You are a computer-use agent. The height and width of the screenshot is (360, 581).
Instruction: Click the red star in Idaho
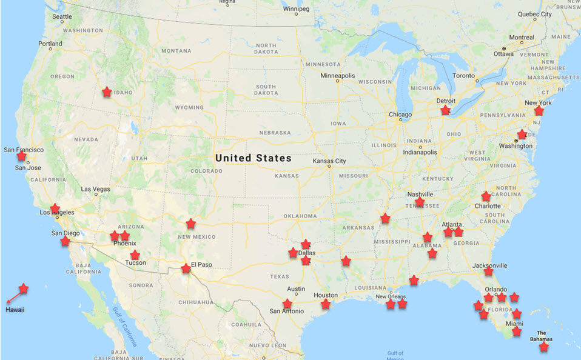107,92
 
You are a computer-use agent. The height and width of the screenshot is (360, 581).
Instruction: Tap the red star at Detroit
445,110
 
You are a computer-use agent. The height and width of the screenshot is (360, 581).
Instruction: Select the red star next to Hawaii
23,288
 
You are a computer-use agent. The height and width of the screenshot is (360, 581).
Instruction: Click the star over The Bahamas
544,347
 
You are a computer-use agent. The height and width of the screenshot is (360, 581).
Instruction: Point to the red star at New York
539,111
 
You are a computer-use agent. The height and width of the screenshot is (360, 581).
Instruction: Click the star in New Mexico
191,224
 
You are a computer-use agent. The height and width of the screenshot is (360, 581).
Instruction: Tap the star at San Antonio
287,304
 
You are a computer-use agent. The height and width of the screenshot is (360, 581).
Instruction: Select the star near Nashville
420,202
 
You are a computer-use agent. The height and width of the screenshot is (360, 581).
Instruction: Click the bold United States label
254,158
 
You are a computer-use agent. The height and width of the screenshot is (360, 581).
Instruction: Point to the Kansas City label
329,161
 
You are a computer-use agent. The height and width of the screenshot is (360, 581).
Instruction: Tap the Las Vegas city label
95,189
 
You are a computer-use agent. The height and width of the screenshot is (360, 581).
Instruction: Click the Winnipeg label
296,9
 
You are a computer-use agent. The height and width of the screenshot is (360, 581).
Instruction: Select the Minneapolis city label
338,76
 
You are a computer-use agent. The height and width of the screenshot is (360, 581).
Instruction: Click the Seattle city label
62,17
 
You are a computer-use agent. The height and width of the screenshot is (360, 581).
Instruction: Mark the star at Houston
326,304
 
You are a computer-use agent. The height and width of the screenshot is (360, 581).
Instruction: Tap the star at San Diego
65,241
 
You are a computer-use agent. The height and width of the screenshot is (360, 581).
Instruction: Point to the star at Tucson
135,255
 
